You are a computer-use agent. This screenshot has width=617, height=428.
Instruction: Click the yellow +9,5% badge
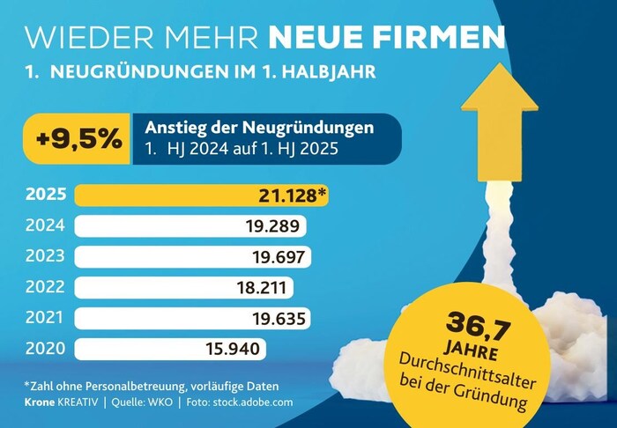(78, 139)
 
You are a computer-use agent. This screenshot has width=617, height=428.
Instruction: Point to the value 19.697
(276, 257)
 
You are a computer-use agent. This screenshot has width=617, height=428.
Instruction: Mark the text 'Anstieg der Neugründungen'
(259, 129)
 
